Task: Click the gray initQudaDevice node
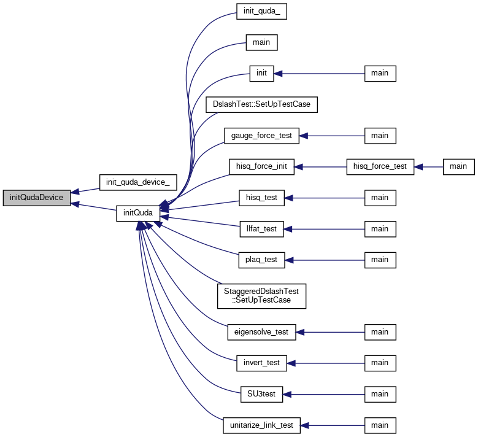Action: [x=37, y=198]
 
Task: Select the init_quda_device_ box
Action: [x=138, y=182]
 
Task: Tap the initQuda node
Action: [x=138, y=213]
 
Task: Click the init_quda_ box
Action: [x=261, y=12]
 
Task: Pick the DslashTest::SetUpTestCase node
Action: [x=261, y=104]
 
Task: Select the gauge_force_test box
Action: [x=261, y=136]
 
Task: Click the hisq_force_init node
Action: [x=261, y=167]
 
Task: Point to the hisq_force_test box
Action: [x=380, y=167]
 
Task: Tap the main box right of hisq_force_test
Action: [x=459, y=167]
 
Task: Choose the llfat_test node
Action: [x=261, y=229]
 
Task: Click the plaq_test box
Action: [x=261, y=260]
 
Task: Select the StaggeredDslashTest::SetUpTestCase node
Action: [x=261, y=296]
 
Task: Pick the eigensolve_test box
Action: [x=261, y=332]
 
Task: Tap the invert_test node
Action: [x=261, y=363]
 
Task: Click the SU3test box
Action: [x=261, y=394]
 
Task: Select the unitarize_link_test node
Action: [x=261, y=425]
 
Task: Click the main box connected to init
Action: [x=380, y=74]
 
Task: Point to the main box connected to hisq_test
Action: [x=380, y=198]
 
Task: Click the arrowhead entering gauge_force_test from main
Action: [x=303, y=136]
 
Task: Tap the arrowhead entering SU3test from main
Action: [x=287, y=394]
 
